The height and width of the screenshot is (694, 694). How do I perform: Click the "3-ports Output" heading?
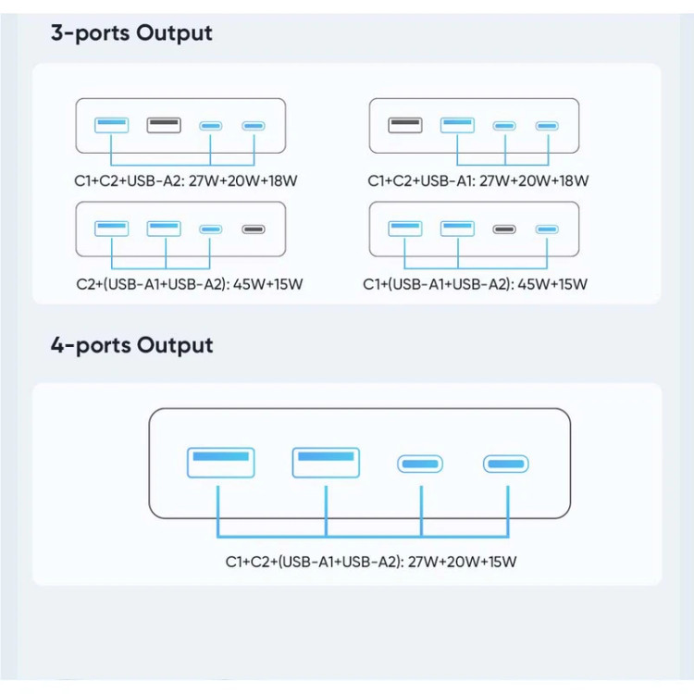[131, 33]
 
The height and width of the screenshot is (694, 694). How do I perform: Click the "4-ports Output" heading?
[131, 345]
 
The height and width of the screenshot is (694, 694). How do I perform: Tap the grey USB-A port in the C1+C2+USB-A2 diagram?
[164, 125]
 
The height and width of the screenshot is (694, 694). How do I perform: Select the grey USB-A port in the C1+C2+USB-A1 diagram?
[405, 125]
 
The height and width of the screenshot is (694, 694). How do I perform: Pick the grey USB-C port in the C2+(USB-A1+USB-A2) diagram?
[254, 229]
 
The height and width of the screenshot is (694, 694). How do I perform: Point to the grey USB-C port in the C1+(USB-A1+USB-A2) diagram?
[504, 229]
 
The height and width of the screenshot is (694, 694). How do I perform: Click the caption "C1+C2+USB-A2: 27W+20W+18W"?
[185, 180]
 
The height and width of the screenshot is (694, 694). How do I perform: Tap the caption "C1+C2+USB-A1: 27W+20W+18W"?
[478, 180]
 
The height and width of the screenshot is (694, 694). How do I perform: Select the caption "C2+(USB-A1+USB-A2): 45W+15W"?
[190, 284]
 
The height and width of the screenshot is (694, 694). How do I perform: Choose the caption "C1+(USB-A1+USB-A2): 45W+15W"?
[475, 284]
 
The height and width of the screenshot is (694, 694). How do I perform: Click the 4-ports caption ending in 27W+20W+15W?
[371, 562]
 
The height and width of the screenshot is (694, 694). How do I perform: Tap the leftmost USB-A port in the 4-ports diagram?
[221, 463]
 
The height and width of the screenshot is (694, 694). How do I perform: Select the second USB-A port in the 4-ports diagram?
[326, 463]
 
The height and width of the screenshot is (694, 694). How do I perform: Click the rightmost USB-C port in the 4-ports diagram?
[505, 464]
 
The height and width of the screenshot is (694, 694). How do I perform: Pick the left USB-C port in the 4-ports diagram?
[420, 464]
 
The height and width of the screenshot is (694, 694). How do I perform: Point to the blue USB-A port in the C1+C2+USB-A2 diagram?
[112, 125]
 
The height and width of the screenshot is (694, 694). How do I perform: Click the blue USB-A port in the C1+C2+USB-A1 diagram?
[457, 125]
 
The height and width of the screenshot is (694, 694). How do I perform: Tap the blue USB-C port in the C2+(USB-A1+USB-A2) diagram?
[210, 229]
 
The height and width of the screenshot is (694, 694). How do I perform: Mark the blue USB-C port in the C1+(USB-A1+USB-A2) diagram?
[547, 229]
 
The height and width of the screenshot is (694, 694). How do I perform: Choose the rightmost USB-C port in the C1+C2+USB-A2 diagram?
[254, 126]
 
